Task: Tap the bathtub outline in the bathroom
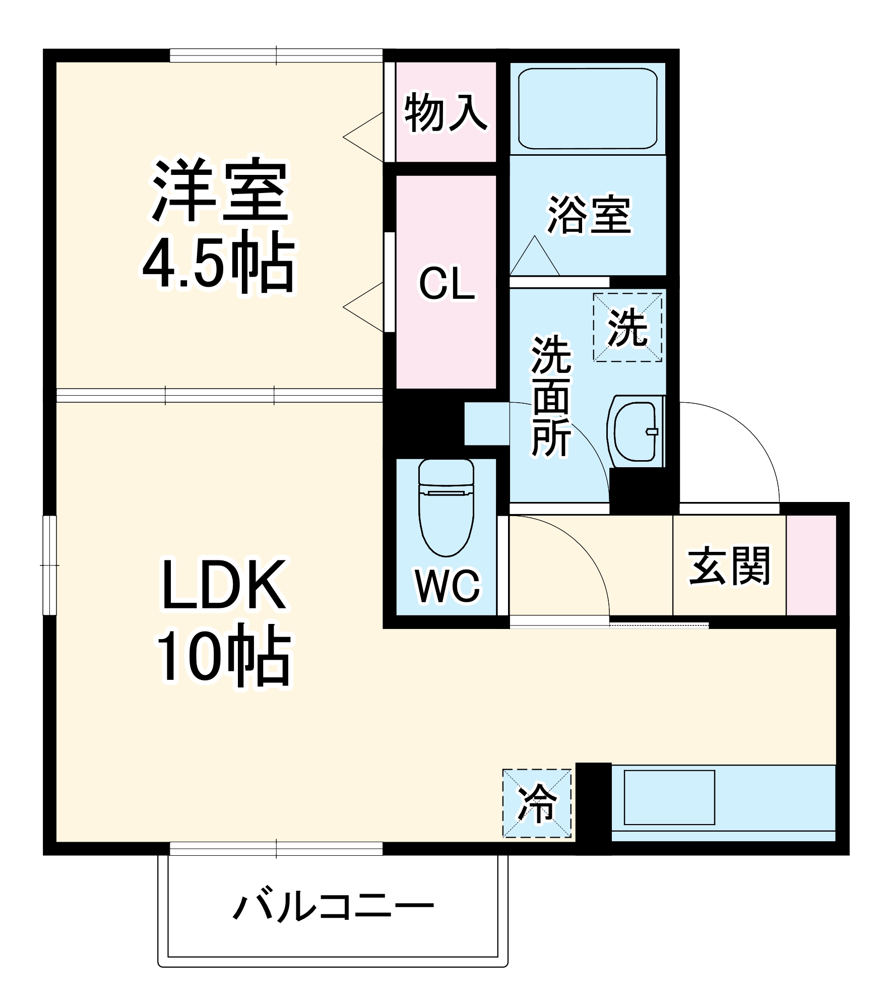coord(588,108)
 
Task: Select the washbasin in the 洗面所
coord(636,431)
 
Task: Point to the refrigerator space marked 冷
coord(537,803)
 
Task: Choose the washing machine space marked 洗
coord(627,328)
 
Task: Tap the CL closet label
coord(447,284)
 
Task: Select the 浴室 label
coord(589,215)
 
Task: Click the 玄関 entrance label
coord(729,566)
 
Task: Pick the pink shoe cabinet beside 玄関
coord(811,565)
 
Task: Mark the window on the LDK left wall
coord(49,565)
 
